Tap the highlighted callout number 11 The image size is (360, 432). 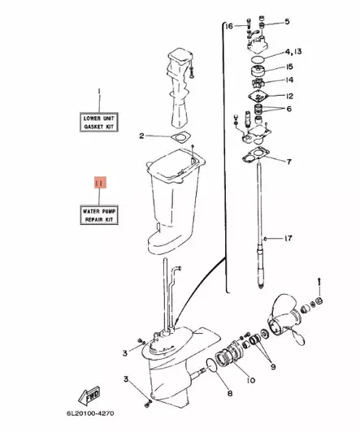(x=99, y=184)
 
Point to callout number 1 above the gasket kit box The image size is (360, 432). (x=99, y=91)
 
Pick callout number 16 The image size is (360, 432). (x=230, y=27)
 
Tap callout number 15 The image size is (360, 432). (x=289, y=67)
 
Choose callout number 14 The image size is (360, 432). (x=289, y=81)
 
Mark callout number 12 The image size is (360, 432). (x=288, y=97)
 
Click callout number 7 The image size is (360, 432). (x=288, y=161)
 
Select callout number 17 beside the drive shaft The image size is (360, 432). (x=287, y=239)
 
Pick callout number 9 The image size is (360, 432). (x=273, y=366)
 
